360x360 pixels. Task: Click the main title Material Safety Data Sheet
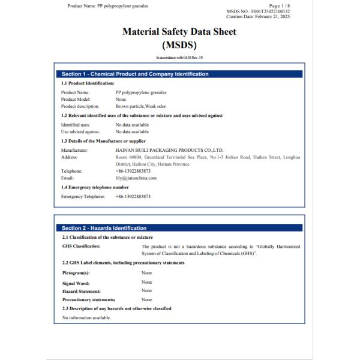coord(179,32)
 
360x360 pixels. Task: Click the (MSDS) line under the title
coord(179,44)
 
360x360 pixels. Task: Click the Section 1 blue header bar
coord(180,74)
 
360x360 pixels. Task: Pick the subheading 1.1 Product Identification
coord(88,83)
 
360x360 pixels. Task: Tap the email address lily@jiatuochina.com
coord(136,178)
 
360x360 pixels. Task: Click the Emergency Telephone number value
coord(133,196)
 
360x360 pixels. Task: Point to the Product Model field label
coord(76,99)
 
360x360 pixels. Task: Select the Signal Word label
coord(76,283)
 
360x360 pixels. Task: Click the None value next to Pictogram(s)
coord(146,273)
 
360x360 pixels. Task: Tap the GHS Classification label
coord(82,246)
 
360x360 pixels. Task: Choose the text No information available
coord(86,317)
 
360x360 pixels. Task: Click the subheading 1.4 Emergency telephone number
coord(95,187)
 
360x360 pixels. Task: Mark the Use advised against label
coord(80,131)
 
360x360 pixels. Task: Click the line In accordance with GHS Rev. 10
coord(179,57)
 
